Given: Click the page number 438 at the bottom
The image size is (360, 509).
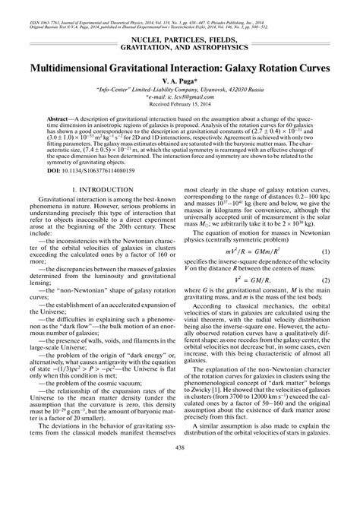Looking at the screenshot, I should pos(180,489).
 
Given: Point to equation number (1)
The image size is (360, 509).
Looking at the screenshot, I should pos(325,272).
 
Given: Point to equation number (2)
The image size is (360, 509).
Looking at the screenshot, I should pos(325,301).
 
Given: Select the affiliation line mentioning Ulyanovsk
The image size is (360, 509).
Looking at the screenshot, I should pos(180,88).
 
